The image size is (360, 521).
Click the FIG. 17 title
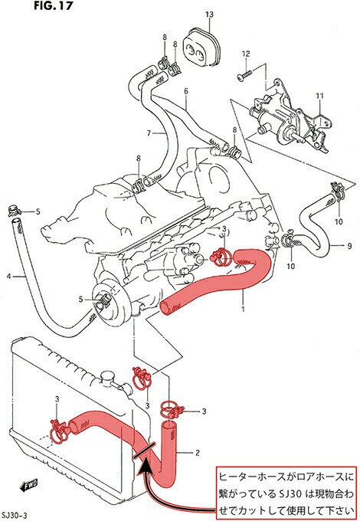pos(53,5)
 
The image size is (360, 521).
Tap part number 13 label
pos(209,15)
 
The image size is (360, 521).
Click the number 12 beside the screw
pos(246,54)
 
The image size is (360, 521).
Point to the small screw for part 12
pos(245,74)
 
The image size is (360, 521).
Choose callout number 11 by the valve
pos(319,96)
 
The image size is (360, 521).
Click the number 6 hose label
pos(186,91)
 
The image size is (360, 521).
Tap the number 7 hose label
pos(149,133)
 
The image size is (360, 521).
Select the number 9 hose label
pos(349,246)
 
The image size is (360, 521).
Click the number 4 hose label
pos(9,276)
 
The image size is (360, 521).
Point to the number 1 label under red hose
pos(243,309)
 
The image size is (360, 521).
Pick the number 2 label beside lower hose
pos(198,453)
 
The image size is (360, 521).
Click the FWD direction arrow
pos(29,486)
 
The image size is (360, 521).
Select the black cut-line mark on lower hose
pos(144,451)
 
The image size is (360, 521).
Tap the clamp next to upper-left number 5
pos(15,210)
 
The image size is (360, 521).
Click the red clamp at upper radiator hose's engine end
pos(221,257)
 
